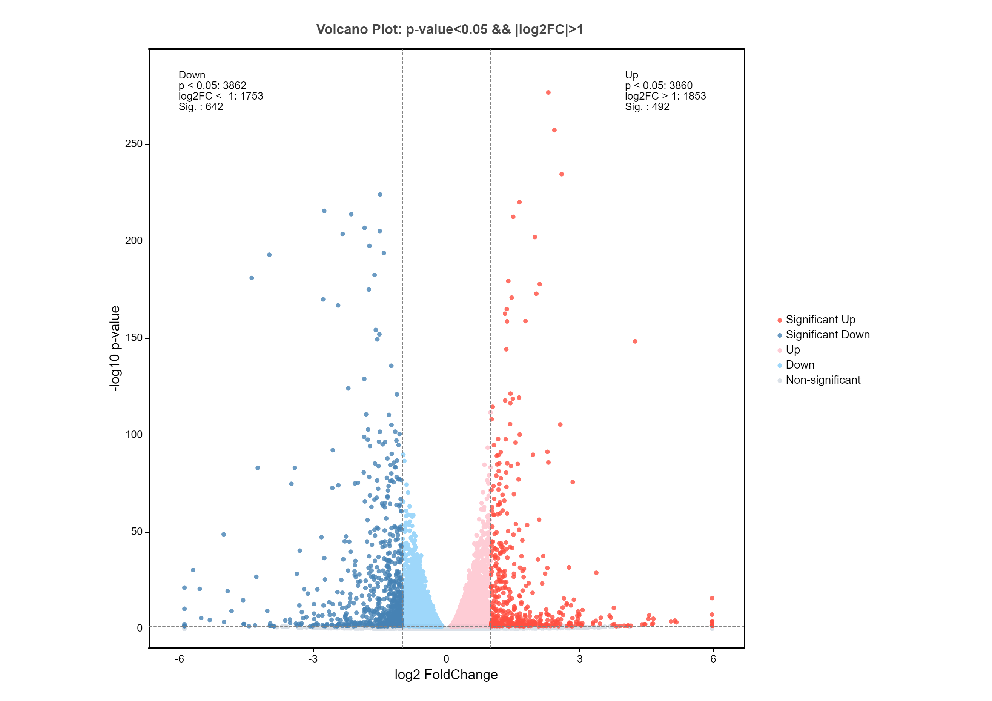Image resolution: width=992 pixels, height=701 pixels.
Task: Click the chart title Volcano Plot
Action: click(450, 29)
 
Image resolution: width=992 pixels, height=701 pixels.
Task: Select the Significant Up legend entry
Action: click(816, 320)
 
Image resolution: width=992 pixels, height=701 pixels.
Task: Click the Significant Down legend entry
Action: click(823, 335)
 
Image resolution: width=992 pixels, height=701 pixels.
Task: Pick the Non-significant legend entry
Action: click(819, 380)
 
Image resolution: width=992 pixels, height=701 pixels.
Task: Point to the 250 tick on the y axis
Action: click(134, 143)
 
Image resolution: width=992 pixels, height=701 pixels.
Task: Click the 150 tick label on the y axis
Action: click(134, 338)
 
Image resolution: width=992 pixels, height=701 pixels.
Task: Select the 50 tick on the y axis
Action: click(137, 532)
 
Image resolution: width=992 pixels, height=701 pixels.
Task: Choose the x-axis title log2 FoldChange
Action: click(446, 675)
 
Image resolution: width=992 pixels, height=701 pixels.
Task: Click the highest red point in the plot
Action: click(548, 92)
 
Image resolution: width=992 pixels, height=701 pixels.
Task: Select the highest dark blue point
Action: click(380, 194)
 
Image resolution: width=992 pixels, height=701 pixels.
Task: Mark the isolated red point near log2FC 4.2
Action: click(635, 341)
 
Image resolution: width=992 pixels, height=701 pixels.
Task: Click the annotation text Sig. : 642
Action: click(201, 107)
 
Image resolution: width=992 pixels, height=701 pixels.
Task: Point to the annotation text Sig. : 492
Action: click(647, 107)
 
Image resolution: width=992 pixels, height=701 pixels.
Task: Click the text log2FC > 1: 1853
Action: click(665, 96)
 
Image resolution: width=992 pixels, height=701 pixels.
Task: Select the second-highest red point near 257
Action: click(554, 130)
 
